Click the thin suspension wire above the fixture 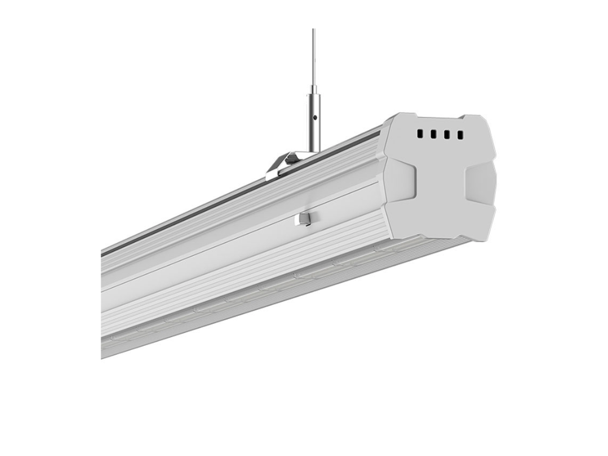(314, 55)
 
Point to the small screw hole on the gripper (314, 114)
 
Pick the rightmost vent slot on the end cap (460, 135)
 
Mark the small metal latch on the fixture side (305, 219)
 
